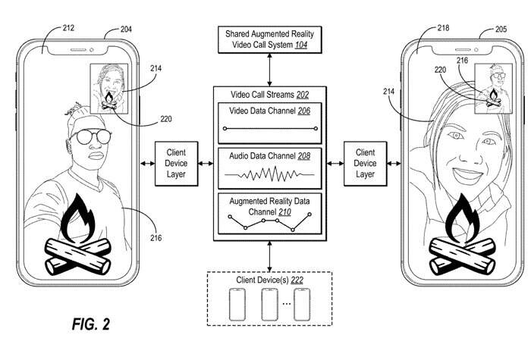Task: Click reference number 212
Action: (68, 30)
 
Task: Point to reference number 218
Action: (445, 28)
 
